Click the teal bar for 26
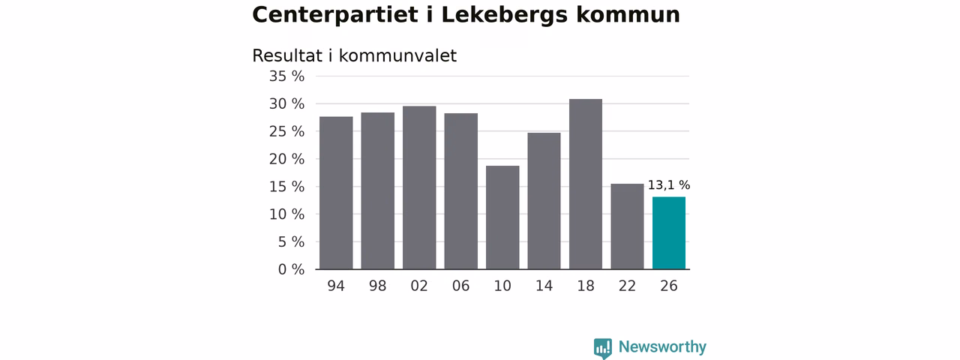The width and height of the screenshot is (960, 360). pos(668,233)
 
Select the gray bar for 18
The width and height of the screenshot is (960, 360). pos(586,184)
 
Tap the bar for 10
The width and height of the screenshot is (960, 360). pos(502,217)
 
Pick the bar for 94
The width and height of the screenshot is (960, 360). pos(336,193)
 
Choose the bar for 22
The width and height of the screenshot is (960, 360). pos(627,226)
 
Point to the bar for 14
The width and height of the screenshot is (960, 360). pos(544,201)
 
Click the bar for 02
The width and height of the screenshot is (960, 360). pos(419,187)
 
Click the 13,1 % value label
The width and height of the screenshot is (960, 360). pos(668,185)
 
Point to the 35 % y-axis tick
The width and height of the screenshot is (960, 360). pos(286,76)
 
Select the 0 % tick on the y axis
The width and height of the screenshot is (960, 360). pos(291,269)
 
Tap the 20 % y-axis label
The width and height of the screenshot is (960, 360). pos(286,159)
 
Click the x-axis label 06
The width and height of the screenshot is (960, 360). pos(460,286)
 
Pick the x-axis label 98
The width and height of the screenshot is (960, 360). pos(377,286)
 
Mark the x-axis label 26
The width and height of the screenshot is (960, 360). pos(668,286)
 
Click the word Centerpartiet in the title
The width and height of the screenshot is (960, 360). pos(335,16)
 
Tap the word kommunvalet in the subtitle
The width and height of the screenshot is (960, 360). pos(397,55)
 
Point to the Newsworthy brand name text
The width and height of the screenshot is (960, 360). pos(662,346)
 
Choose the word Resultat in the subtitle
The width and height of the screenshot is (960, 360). pos(287,55)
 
